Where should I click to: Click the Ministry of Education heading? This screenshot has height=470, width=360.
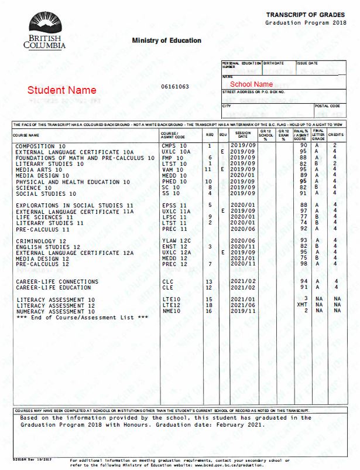pyautogui.click(x=166, y=40)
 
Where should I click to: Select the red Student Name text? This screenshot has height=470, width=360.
pyautogui.click(x=61, y=91)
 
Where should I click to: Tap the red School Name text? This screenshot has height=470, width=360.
pyautogui.click(x=251, y=84)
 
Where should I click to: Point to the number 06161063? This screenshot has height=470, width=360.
pyautogui.click(x=175, y=87)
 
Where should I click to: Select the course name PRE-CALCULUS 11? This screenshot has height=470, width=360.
pyautogui.click(x=43, y=229)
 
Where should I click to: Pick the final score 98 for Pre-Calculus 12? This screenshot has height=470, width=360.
pyautogui.click(x=303, y=264)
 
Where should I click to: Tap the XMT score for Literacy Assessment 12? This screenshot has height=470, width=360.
pyautogui.click(x=302, y=305)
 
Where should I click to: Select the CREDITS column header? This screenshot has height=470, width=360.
pyautogui.click(x=336, y=135)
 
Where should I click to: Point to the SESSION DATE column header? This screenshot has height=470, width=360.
pyautogui.click(x=243, y=135)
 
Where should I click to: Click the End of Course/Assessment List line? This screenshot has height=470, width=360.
pyautogui.click(x=83, y=317)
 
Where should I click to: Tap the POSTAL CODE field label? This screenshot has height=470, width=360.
pyautogui.click(x=327, y=106)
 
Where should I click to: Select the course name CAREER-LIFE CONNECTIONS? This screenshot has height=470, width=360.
pyautogui.click(x=58, y=282)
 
